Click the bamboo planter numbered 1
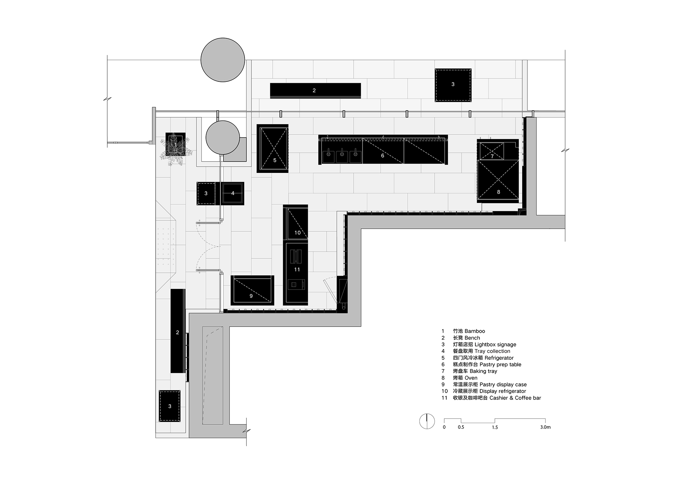coord(175,144)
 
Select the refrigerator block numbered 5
coord(273,149)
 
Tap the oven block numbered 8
coord(498,181)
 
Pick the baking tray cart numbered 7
coord(492,151)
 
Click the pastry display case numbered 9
coord(252,290)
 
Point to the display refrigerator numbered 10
coord(295,223)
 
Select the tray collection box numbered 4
coord(233,193)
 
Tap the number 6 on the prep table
coord(382,155)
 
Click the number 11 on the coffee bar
coord(297,269)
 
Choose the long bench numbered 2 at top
coord(315,91)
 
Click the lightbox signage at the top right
coord(453,85)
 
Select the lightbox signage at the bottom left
coord(170,406)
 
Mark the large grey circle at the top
coord(223,60)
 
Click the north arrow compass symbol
coord(427,421)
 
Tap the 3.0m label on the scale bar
coord(545,427)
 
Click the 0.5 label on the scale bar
coord(461,427)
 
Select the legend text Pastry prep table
coord(500,365)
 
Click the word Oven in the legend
coord(471,378)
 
